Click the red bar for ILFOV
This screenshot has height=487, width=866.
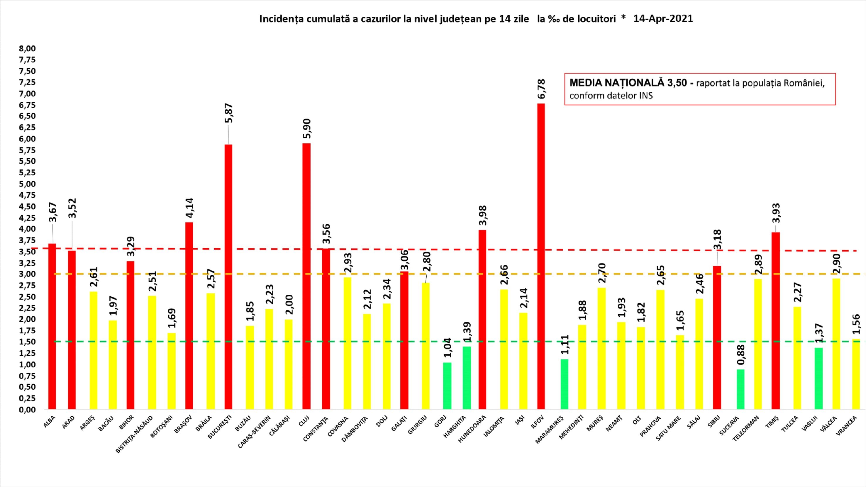[x=540, y=256]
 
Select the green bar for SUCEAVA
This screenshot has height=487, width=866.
[x=740, y=389]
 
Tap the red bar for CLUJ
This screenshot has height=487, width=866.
[x=306, y=276]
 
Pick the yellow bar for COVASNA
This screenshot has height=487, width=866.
[x=347, y=343]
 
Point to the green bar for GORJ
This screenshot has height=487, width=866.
[x=447, y=386]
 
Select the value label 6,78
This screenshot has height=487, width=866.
[x=541, y=89]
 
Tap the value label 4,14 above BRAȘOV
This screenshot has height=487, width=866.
[x=189, y=207]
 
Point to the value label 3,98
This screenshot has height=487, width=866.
[x=483, y=215]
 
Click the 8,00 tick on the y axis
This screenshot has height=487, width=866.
[x=27, y=48]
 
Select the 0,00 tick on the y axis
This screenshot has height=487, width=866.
[x=27, y=410]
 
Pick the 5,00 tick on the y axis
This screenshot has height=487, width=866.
[x=27, y=184]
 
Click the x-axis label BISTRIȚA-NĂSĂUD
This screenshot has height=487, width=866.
[x=134, y=434]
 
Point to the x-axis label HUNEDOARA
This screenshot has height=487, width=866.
[x=472, y=429]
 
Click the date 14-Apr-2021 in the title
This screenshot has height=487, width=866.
[x=663, y=18]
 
